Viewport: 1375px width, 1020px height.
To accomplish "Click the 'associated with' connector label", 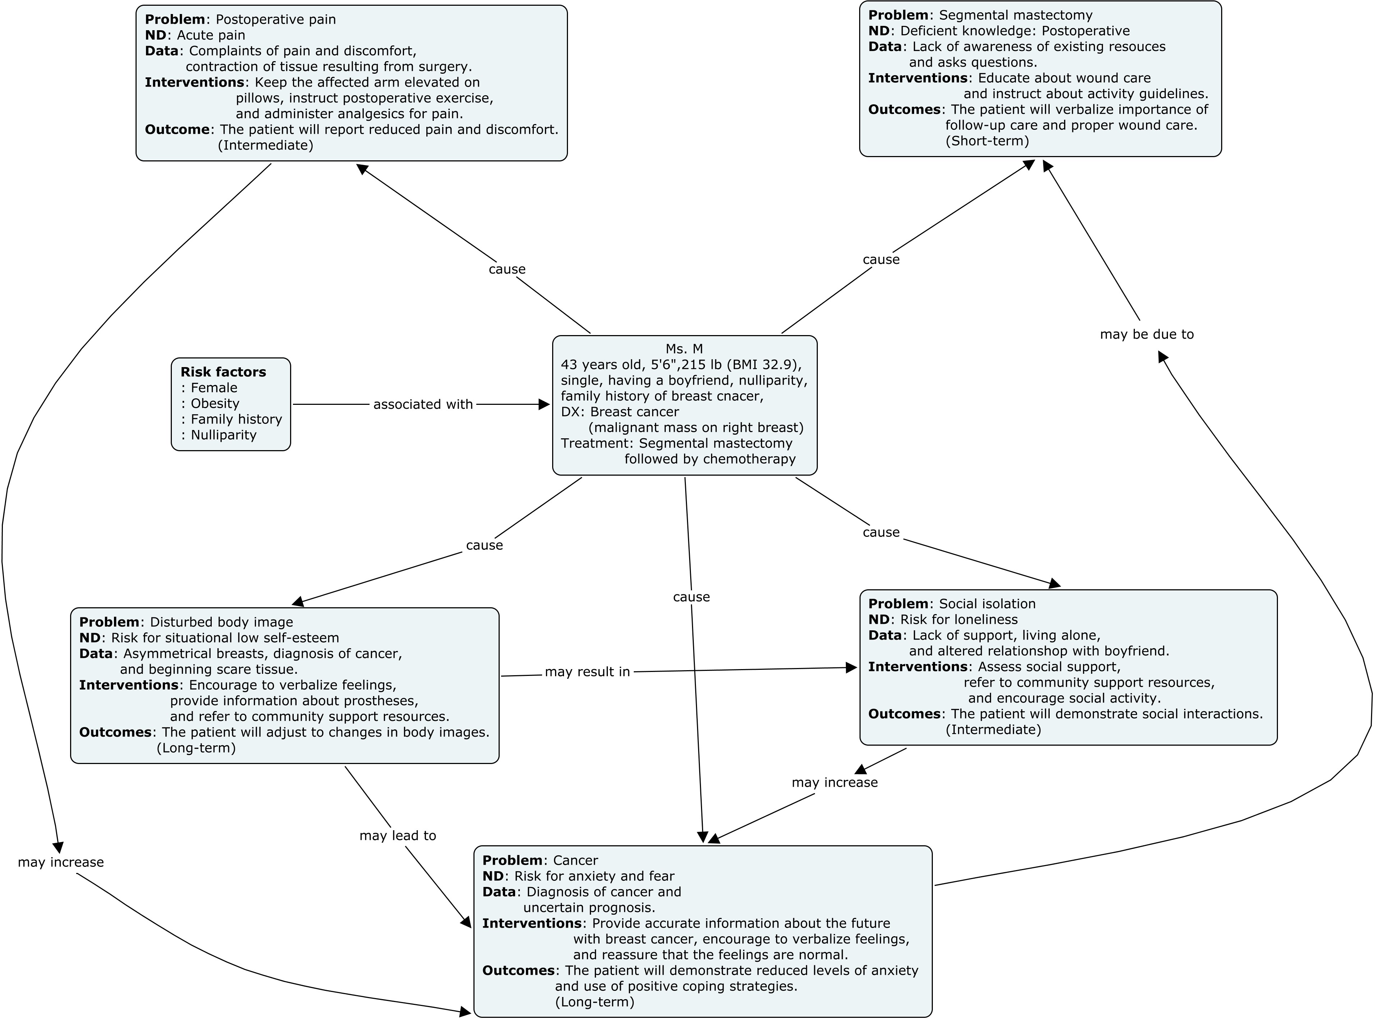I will [423, 404].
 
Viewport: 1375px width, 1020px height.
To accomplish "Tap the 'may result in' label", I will [587, 672].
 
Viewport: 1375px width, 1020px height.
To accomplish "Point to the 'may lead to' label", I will [398, 836].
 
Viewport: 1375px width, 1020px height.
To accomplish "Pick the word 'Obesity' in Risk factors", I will [215, 403].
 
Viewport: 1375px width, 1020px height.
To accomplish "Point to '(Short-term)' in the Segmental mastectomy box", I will [987, 141].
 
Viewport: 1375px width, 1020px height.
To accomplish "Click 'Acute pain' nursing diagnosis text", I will [211, 35].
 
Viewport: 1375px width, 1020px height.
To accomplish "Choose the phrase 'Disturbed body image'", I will [221, 622].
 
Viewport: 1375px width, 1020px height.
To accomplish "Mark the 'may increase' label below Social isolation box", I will [834, 782].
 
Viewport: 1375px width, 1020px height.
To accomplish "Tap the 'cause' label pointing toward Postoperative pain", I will [507, 269].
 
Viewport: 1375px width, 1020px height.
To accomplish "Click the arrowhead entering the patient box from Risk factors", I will [544, 404].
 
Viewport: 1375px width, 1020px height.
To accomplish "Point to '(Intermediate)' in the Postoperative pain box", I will [266, 145].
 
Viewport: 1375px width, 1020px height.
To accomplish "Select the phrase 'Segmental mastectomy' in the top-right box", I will [1016, 15].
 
